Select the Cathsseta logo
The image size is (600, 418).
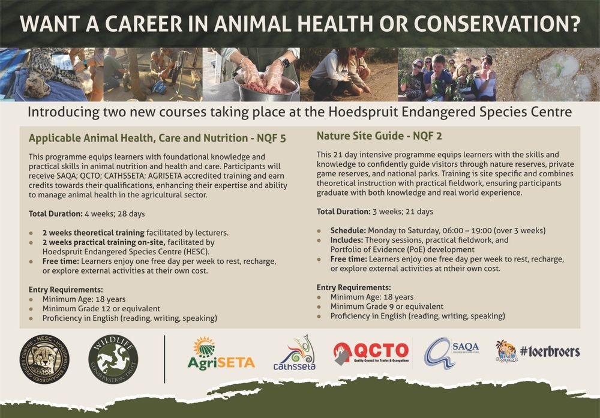coord(294,353)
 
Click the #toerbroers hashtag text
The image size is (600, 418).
coord(550,352)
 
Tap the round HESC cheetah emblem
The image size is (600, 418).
coord(44,360)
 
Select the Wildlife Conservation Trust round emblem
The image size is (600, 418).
coord(113,360)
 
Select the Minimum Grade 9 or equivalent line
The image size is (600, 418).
coord(386,306)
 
